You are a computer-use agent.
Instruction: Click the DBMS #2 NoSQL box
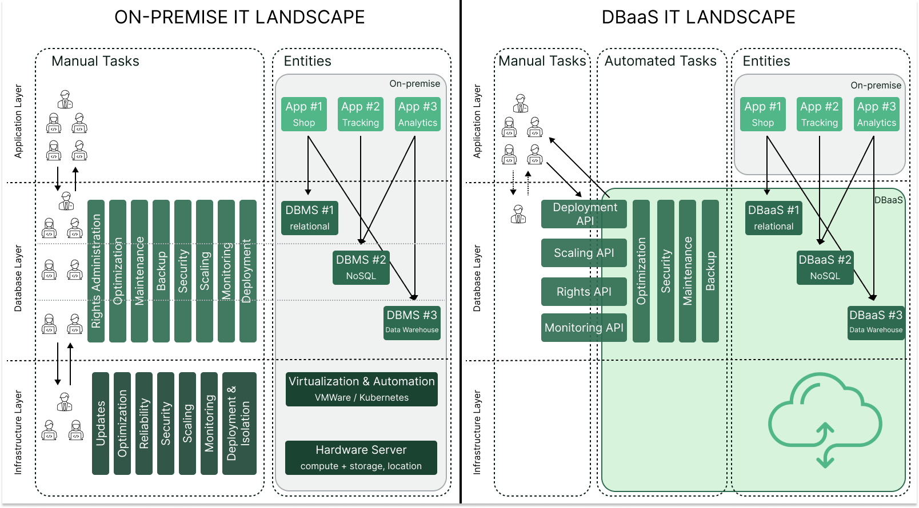point(361,268)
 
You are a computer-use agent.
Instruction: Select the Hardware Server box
point(361,457)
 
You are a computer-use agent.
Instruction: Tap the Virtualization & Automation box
point(361,389)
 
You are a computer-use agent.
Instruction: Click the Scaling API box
point(584,253)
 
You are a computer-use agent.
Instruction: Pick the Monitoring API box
point(584,328)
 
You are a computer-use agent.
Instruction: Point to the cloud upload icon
point(825,419)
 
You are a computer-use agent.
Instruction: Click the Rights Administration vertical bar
point(96,271)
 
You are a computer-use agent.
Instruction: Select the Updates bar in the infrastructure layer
point(101,423)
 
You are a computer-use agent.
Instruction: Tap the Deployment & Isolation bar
point(239,423)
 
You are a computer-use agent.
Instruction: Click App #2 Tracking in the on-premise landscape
point(361,114)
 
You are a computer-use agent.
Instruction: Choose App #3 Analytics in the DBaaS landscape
point(876,114)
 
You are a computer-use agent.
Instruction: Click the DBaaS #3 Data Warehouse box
point(876,322)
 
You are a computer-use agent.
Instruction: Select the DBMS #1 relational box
point(309,217)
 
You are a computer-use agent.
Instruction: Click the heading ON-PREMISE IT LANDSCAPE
point(239,17)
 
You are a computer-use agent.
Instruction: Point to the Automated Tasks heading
point(660,61)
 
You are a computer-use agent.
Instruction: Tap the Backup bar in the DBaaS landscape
point(710,271)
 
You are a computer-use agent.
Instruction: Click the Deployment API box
point(584,213)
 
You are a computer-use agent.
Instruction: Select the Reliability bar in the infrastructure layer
point(144,423)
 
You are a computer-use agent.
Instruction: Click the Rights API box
point(584,292)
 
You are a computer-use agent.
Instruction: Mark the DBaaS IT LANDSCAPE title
point(698,17)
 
